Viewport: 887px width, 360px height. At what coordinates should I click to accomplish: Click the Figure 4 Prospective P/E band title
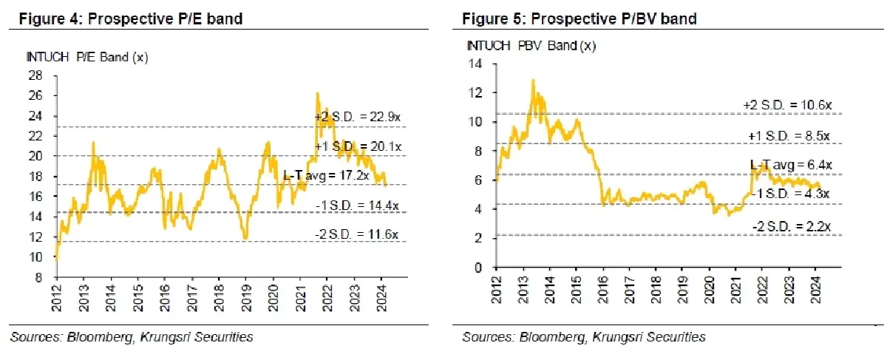tap(126, 19)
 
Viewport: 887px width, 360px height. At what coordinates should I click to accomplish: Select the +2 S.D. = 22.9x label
tap(357, 117)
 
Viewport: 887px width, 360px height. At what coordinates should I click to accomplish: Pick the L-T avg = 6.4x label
tap(792, 165)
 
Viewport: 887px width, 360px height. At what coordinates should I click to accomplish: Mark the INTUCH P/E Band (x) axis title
tap(76, 58)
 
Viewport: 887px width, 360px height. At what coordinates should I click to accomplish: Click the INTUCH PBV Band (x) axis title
tap(531, 46)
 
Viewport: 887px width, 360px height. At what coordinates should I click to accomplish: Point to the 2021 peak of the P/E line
tap(317, 93)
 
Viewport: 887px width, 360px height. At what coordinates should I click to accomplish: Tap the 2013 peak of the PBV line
tap(532, 80)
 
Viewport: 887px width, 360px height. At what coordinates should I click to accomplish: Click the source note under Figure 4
tap(132, 337)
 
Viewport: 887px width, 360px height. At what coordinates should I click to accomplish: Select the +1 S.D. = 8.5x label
tap(787, 137)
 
